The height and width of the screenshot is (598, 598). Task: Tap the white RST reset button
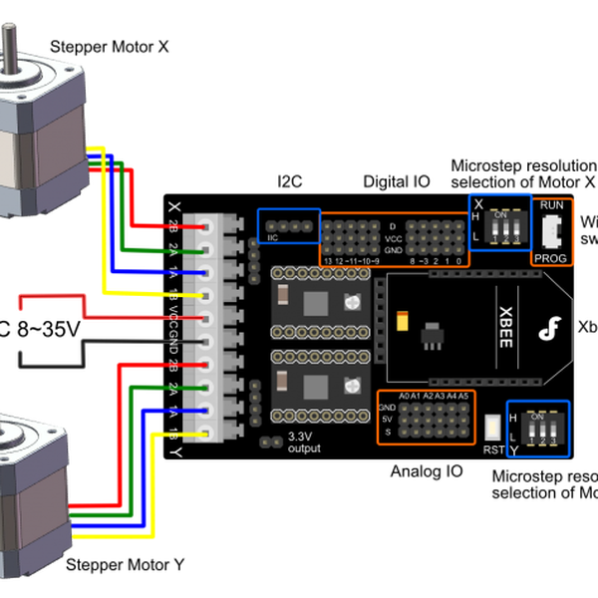492,430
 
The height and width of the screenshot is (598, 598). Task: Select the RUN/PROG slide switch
552,231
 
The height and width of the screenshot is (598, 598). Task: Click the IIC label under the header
272,239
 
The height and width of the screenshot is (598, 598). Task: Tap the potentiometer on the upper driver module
350,303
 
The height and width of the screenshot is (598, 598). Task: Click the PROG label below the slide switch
549,257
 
